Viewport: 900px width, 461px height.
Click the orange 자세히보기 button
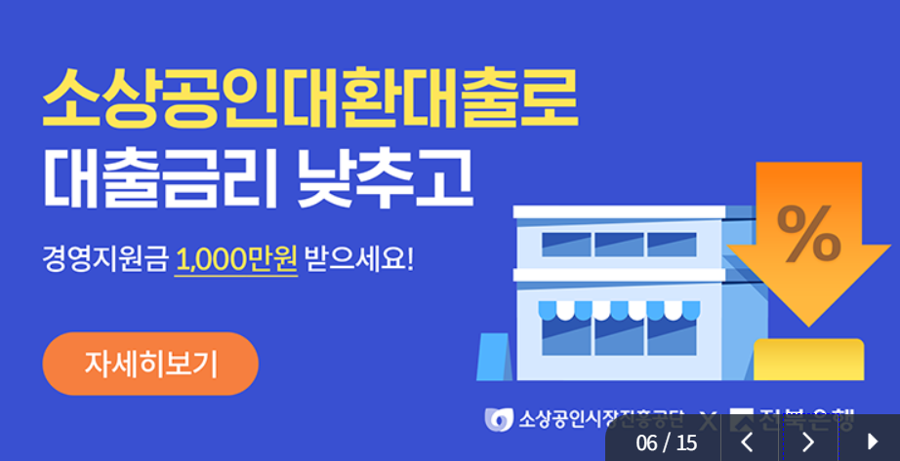click(150, 364)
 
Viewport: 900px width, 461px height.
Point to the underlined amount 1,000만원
click(236, 260)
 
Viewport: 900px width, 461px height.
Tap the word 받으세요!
click(360, 260)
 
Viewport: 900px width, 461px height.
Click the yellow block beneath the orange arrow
click(809, 359)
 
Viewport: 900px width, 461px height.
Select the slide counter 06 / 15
click(667, 442)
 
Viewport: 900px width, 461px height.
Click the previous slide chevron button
click(748, 442)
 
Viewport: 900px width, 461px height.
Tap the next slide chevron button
click(807, 442)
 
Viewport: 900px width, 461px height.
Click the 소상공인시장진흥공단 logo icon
click(499, 420)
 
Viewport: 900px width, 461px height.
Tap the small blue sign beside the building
click(492, 358)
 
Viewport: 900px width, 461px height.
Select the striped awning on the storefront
click(619, 310)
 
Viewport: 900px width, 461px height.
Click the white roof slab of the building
click(619, 211)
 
